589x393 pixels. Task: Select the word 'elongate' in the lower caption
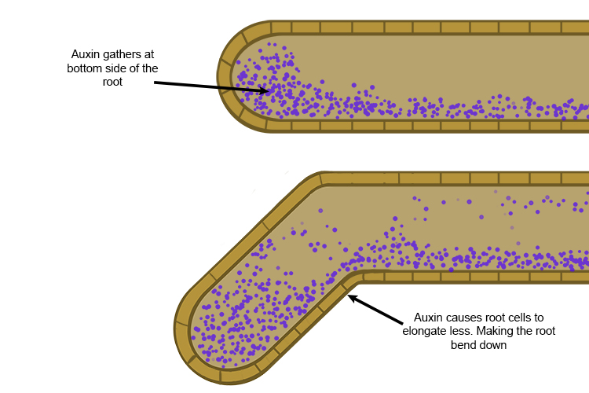click(430, 332)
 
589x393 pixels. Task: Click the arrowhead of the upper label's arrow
click(265, 91)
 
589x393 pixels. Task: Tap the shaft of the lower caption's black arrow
click(385, 310)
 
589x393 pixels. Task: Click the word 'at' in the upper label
click(148, 54)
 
